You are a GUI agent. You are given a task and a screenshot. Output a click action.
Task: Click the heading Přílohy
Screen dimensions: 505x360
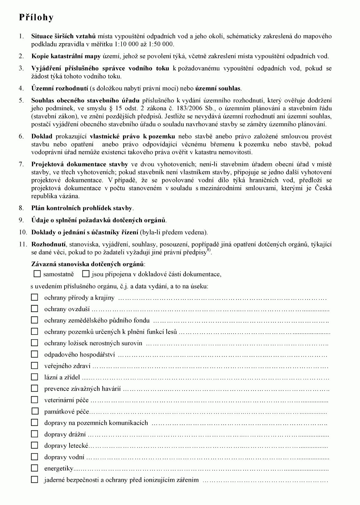click(x=36, y=18)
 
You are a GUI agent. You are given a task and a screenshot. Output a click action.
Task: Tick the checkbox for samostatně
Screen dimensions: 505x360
click(x=37, y=274)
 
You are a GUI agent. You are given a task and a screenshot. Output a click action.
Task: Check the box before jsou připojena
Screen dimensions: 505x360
click(x=86, y=274)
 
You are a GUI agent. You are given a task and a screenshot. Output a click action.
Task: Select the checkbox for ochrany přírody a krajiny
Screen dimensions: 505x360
click(x=34, y=297)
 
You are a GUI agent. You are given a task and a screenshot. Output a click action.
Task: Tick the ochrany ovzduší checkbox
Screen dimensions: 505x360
click(x=34, y=309)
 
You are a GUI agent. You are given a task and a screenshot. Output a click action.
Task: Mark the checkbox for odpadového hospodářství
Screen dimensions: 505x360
click(x=34, y=354)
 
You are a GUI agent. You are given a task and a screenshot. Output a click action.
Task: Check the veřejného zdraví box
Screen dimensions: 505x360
click(x=34, y=366)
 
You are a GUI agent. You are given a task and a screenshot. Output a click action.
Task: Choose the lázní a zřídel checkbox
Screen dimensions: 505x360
click(x=34, y=377)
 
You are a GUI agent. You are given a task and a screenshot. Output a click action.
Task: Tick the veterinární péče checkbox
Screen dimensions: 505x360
click(x=34, y=400)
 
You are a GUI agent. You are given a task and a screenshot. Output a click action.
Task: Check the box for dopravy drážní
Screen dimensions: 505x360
click(x=34, y=434)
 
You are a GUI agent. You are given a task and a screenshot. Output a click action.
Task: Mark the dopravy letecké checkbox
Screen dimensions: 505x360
click(x=34, y=445)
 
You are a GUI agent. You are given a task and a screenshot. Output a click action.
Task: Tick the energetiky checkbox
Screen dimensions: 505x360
click(x=34, y=468)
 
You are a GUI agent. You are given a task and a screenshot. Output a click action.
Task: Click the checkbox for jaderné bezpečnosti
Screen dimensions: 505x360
click(x=34, y=479)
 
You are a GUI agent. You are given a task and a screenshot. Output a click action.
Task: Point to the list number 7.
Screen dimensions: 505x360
click(x=21, y=164)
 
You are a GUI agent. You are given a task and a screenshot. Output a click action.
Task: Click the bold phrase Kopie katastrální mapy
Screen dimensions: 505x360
click(x=66, y=56)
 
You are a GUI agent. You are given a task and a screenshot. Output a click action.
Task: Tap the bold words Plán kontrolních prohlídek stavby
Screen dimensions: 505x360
click(x=82, y=208)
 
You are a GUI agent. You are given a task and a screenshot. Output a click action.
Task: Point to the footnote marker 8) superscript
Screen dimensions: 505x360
click(x=209, y=251)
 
